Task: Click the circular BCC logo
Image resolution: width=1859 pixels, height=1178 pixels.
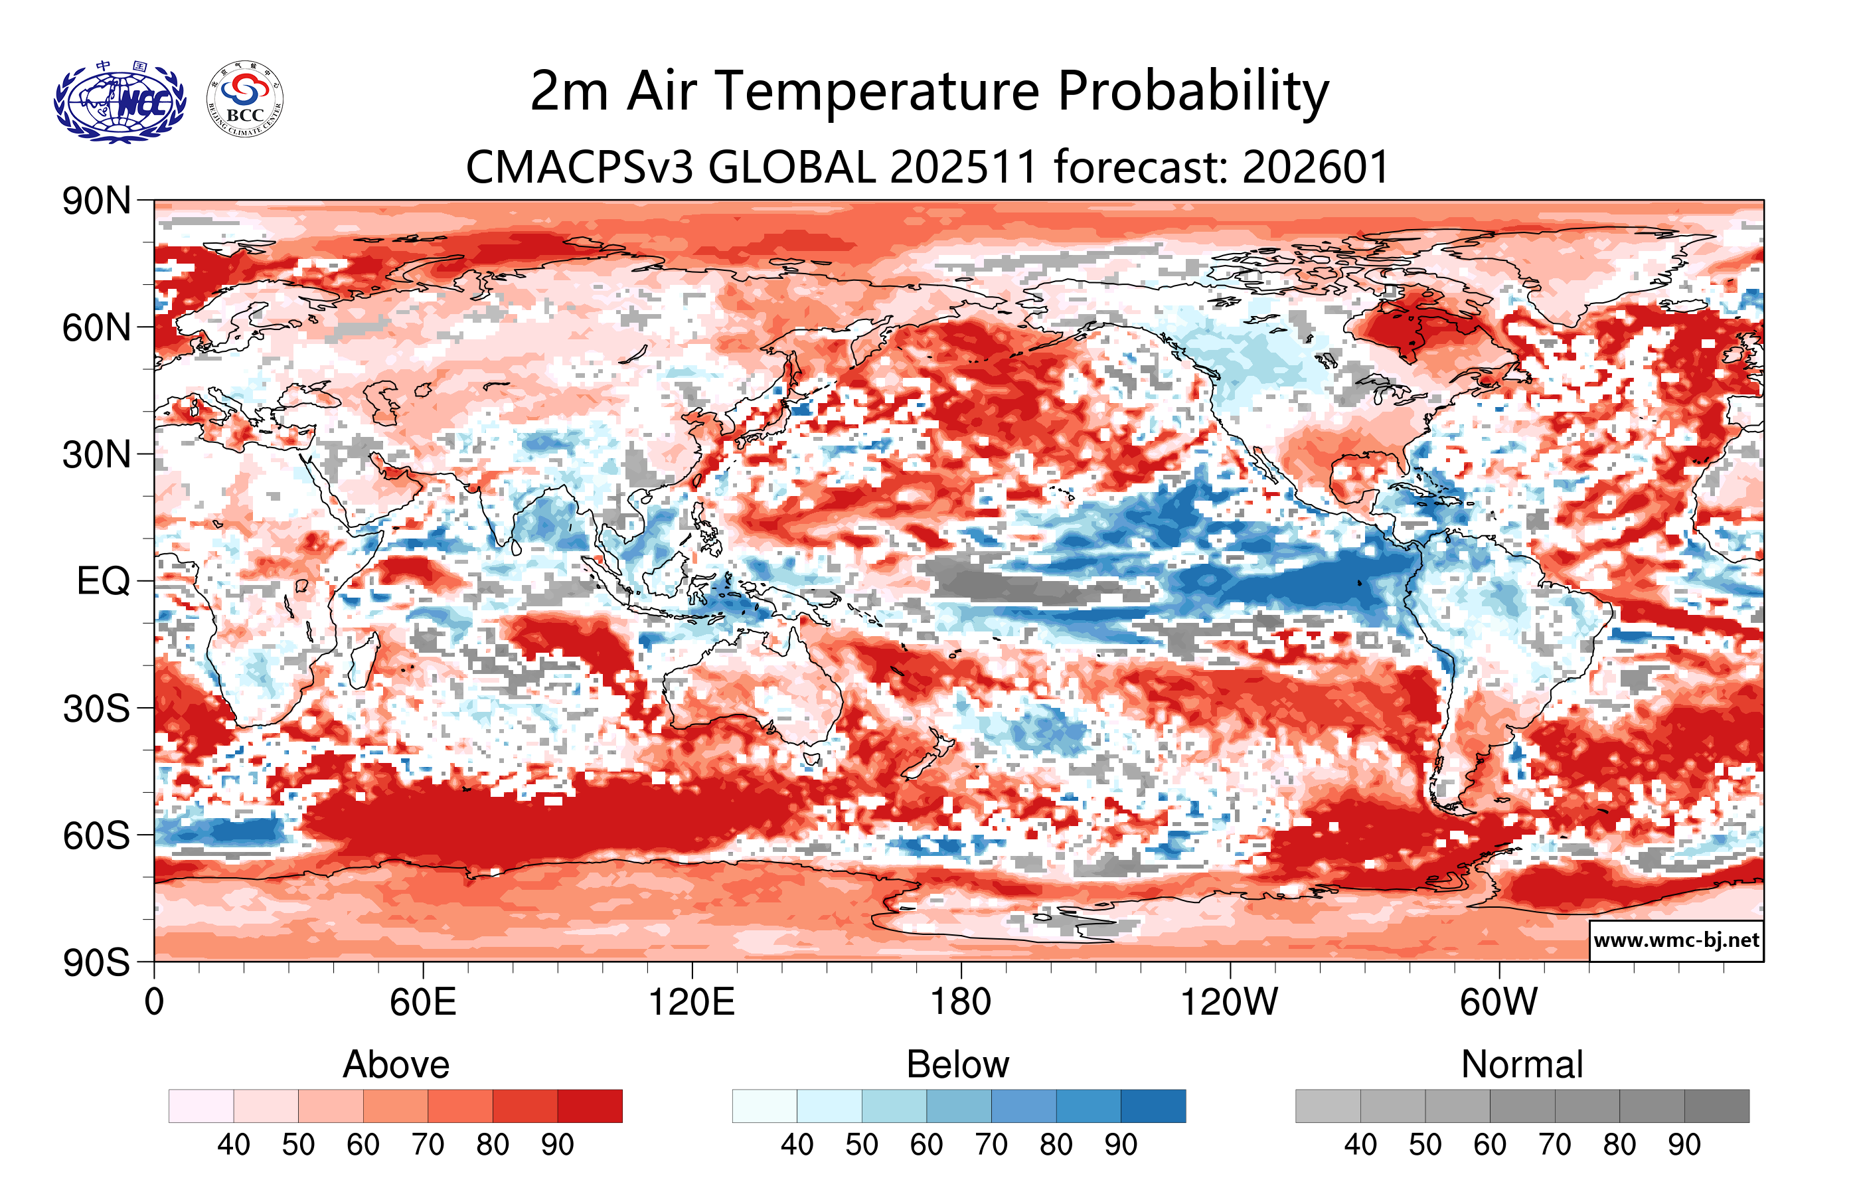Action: click(245, 100)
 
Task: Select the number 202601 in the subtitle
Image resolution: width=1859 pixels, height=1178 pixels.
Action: click(1317, 167)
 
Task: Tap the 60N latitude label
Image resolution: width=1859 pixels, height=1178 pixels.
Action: click(96, 328)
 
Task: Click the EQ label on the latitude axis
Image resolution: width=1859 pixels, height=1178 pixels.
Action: click(104, 581)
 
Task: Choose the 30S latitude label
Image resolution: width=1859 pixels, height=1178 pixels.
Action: click(96, 709)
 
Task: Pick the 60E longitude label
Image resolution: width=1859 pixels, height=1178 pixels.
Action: click(423, 1002)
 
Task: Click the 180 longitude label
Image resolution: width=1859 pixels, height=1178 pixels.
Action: click(961, 1002)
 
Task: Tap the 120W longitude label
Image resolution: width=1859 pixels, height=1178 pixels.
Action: click(1229, 1002)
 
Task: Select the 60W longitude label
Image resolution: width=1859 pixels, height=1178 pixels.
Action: click(1498, 1002)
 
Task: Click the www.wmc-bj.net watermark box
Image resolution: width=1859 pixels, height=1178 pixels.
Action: click(1676, 940)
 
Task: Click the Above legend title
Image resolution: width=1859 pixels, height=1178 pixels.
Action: click(396, 1064)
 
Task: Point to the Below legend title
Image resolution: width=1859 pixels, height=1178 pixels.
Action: click(958, 1064)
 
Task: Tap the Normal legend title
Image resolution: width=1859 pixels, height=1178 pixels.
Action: click(1522, 1064)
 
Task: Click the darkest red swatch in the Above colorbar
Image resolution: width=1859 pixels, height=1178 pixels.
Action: click(590, 1106)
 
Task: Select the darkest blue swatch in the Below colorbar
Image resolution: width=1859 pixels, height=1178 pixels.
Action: click(1153, 1106)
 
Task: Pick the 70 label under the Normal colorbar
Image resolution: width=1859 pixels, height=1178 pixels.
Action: click(1554, 1144)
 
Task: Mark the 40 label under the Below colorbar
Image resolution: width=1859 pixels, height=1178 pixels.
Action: click(797, 1144)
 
